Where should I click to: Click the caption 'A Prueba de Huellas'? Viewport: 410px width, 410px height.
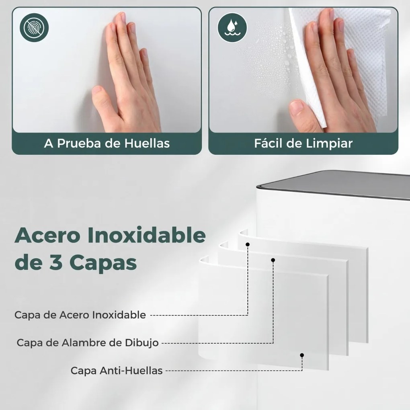coord(107,143)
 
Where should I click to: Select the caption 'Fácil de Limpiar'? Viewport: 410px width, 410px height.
coord(303,143)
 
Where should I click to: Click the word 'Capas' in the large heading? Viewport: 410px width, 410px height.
coord(103,263)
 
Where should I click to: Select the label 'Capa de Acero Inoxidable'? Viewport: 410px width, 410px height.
coord(80,315)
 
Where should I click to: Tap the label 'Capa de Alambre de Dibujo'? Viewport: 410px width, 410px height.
coord(88,343)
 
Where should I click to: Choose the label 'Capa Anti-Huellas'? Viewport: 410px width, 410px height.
coord(117,370)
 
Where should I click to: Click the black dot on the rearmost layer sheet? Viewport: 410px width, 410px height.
coord(248,244)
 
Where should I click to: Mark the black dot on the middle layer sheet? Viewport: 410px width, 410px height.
coord(273,260)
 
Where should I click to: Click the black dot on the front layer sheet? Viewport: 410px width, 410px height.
coord(302,355)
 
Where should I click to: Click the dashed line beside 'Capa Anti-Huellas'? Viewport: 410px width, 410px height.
coord(233,371)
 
